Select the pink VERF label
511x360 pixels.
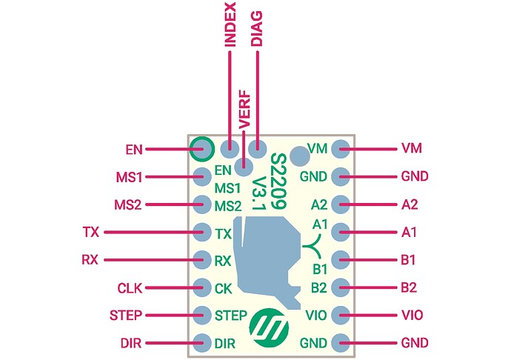pyautogui.click(x=244, y=109)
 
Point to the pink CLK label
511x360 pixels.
pyautogui.click(x=130, y=287)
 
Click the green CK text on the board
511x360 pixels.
pyautogui.click(x=223, y=287)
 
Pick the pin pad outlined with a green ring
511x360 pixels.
pyautogui.click(x=201, y=149)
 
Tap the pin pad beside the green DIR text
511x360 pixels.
pyautogui.click(x=201, y=342)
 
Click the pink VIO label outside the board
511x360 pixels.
pyautogui.click(x=412, y=315)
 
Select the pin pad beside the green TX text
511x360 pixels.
pyautogui.click(x=201, y=233)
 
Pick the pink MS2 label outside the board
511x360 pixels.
pyautogui.click(x=129, y=204)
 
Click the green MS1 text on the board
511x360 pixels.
pyautogui.click(x=228, y=188)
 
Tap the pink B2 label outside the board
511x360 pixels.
pyautogui.click(x=410, y=287)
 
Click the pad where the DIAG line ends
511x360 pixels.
pyautogui.click(x=257, y=148)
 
